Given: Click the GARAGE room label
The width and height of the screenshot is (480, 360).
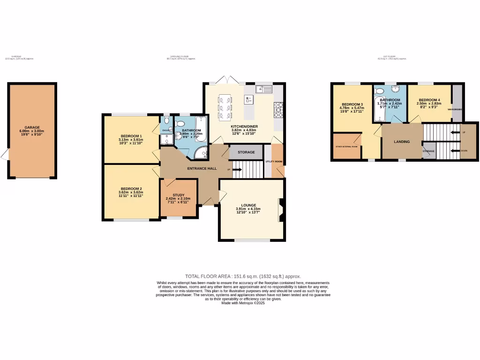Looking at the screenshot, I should click(x=32, y=127).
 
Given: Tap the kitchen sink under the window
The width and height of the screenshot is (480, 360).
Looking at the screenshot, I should click(x=264, y=89).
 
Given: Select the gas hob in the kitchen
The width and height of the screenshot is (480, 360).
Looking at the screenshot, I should click(x=279, y=110).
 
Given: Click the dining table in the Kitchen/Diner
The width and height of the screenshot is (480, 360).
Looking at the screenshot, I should click(x=224, y=106).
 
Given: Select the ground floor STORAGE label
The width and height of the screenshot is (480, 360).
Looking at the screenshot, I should click(x=246, y=152).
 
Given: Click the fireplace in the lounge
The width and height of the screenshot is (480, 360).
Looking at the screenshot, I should click(x=281, y=210).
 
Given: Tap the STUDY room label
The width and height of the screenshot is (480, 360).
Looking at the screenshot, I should click(x=178, y=195).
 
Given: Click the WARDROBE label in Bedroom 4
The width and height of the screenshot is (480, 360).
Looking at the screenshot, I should click(x=455, y=109).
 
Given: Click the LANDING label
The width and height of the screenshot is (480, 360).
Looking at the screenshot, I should click(x=402, y=142).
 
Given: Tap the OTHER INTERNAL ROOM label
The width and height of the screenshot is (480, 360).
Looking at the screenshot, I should click(x=346, y=147).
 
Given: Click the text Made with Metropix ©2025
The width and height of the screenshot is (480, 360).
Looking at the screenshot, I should click(x=243, y=303).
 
